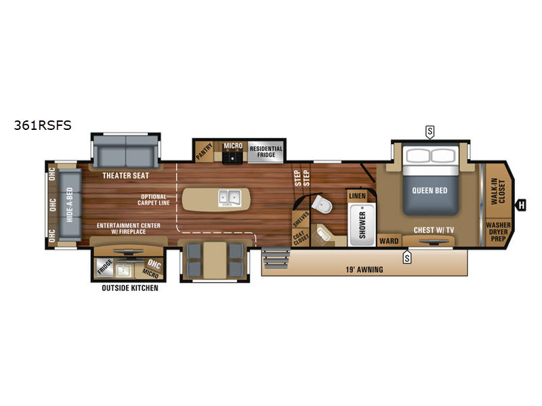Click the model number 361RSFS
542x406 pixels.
(x=43, y=125)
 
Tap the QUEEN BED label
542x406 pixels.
(x=430, y=190)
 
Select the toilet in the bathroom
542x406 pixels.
(x=322, y=204)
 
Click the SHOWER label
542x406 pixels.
(x=362, y=225)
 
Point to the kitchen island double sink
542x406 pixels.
(x=230, y=198)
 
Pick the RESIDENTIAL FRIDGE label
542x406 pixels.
(x=266, y=152)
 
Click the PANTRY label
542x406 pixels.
(x=205, y=151)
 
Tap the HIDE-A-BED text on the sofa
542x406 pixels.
(x=70, y=205)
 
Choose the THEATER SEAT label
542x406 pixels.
(x=126, y=175)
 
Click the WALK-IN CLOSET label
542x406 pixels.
(x=498, y=191)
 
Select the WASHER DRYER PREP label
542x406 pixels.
(x=498, y=231)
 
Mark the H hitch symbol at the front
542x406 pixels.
(x=521, y=205)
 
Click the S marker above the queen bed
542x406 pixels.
(x=430, y=131)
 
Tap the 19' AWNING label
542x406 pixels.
(x=364, y=269)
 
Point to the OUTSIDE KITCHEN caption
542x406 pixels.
(x=130, y=288)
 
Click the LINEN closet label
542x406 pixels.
(x=357, y=196)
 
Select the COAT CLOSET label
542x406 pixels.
(x=299, y=238)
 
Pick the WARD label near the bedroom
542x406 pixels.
(x=389, y=241)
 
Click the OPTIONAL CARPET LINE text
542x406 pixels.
(x=154, y=200)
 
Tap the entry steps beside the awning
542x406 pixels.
(x=276, y=258)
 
